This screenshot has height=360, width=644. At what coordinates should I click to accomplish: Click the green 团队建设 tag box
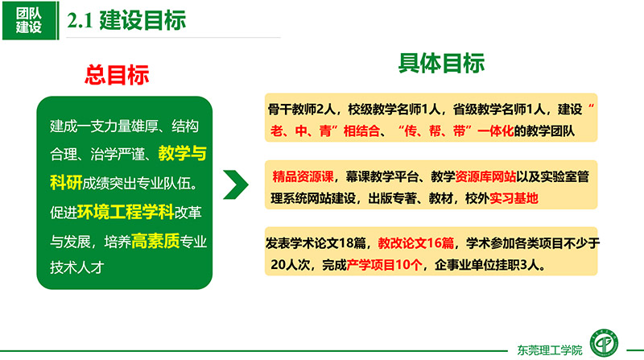tap(31, 21)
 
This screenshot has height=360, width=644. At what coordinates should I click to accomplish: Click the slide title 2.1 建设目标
tap(126, 20)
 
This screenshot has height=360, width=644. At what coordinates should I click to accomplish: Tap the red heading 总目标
tap(117, 75)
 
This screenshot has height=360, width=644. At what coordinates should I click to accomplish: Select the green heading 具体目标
tap(441, 64)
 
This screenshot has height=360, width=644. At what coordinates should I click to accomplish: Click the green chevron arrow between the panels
tap(236, 184)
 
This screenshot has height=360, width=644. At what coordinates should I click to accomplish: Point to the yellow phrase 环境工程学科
tap(126, 212)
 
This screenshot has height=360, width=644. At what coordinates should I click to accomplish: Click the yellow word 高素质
tap(155, 242)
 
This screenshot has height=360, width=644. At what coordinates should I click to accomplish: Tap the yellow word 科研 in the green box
tap(66, 183)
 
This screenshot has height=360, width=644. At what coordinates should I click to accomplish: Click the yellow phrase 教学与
tap(183, 153)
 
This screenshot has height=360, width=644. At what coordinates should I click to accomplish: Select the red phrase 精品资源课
tap(303, 176)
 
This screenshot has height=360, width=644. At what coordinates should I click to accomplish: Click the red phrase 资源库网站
tap(485, 176)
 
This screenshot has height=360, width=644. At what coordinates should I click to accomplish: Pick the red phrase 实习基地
tap(514, 198)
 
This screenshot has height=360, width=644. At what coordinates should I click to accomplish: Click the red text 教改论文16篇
tap(415, 243)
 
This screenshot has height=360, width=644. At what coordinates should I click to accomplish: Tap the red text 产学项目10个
tap(384, 265)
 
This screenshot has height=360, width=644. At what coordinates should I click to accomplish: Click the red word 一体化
tap(495, 131)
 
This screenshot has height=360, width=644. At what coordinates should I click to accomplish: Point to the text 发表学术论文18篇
tap(316, 243)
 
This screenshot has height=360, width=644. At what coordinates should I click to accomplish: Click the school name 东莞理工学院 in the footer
tap(550, 350)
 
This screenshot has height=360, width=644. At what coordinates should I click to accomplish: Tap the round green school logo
tap(605, 343)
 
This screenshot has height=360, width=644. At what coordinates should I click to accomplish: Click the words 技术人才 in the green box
tap(76, 267)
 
